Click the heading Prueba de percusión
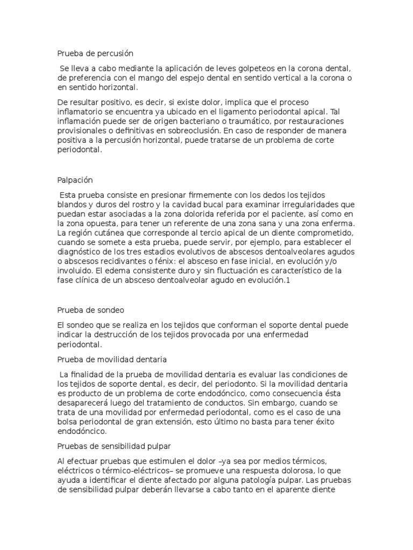point(95,54)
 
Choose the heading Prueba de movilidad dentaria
point(111,359)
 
